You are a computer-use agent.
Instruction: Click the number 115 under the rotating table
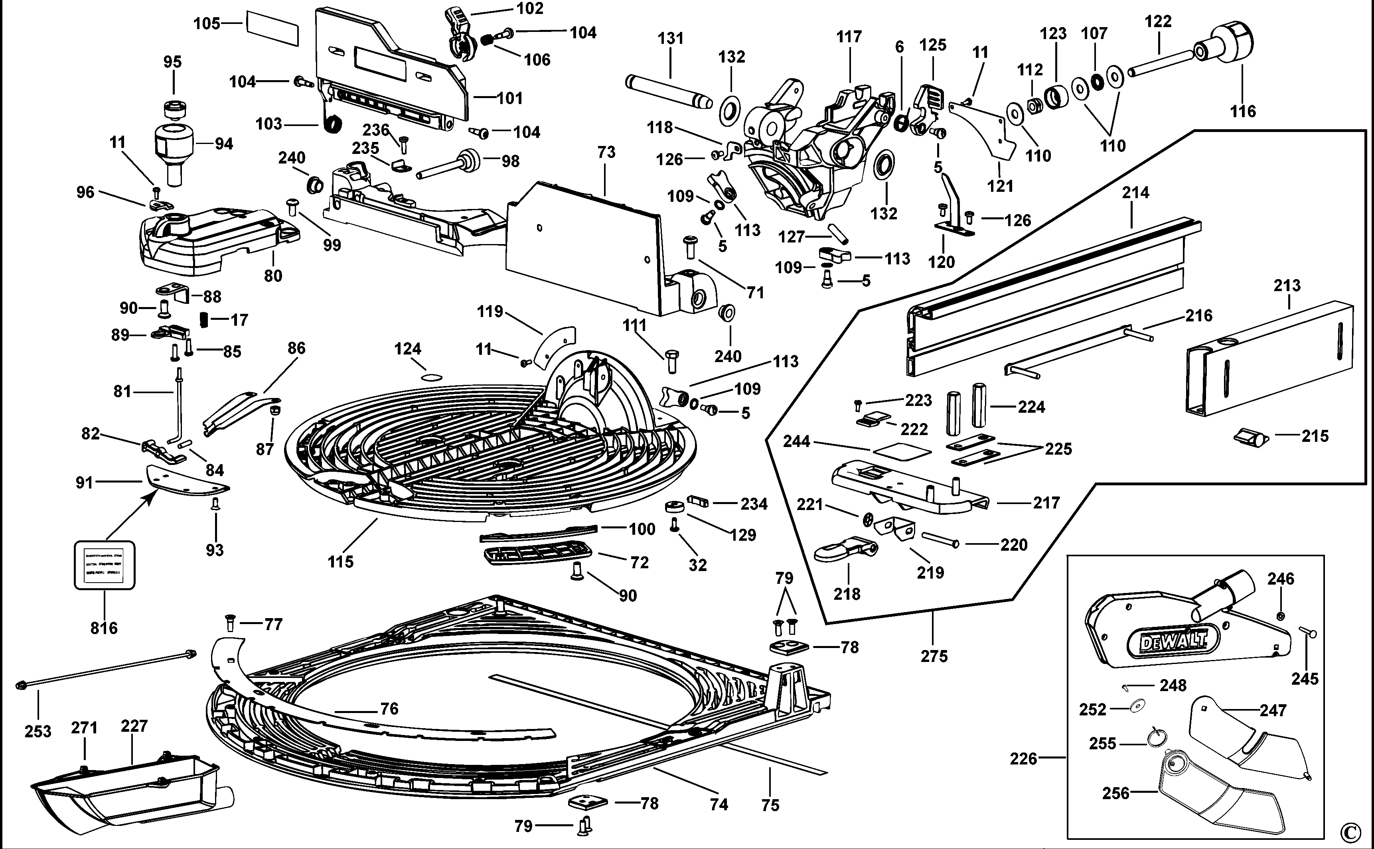click(x=340, y=561)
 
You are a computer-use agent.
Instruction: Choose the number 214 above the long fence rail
click(x=1135, y=193)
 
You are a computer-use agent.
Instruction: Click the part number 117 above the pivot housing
click(x=849, y=37)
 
